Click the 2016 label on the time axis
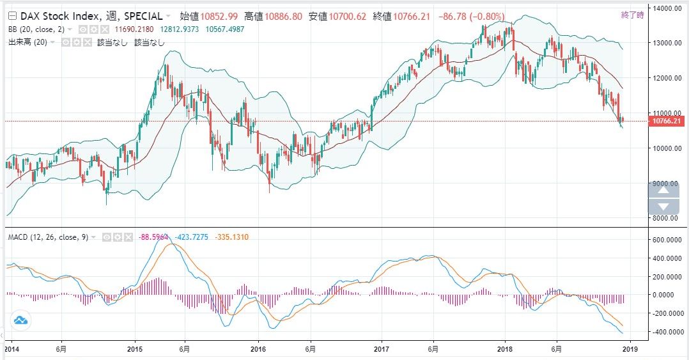point(258,350)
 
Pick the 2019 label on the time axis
point(631,350)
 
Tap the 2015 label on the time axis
point(135,350)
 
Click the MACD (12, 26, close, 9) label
point(48,237)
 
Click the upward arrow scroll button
point(663,189)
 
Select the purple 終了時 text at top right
point(632,15)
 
